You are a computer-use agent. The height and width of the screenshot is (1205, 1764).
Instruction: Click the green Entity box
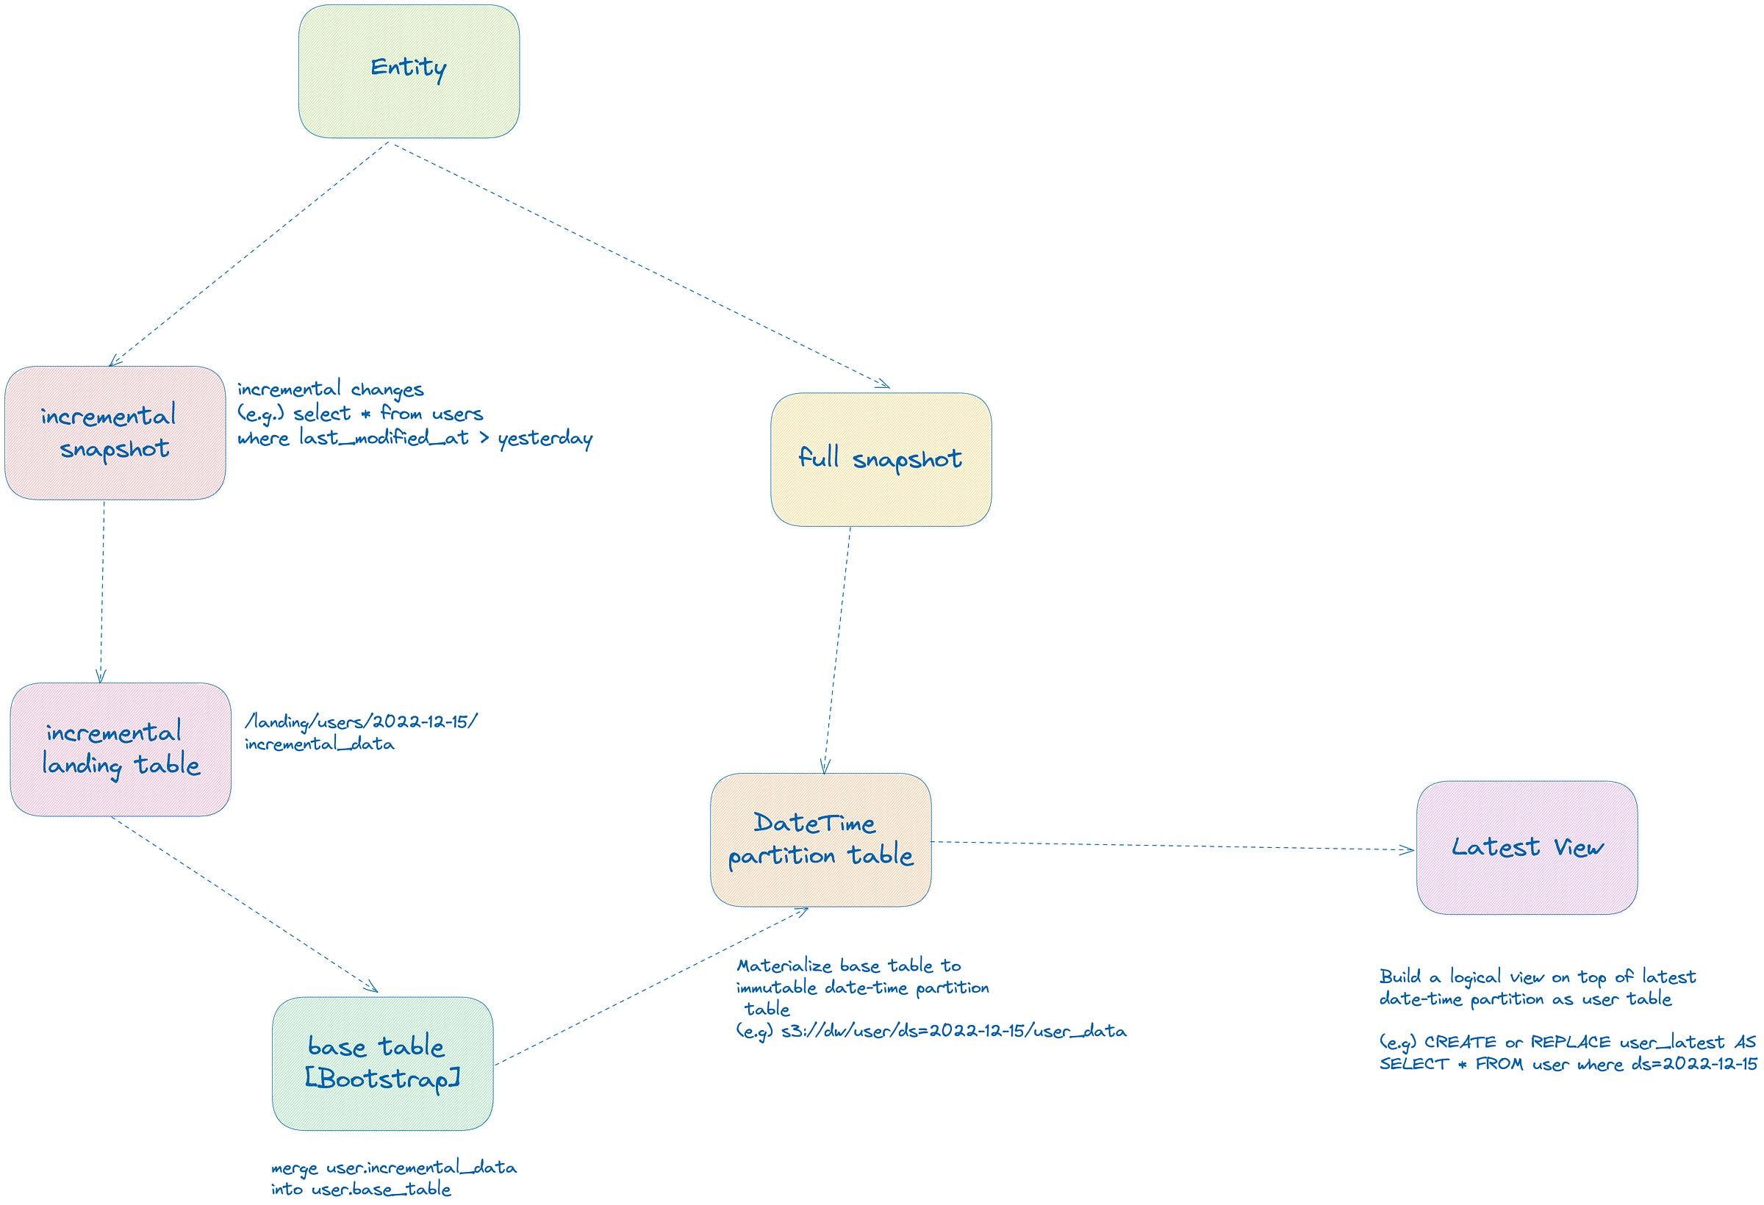click(409, 71)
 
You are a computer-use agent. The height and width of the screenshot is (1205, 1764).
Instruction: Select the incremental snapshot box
click(115, 433)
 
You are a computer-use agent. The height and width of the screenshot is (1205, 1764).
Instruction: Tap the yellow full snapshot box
click(881, 459)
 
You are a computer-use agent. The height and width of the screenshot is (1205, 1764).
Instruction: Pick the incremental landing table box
click(120, 749)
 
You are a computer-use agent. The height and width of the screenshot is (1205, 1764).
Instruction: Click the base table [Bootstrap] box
click(381, 1063)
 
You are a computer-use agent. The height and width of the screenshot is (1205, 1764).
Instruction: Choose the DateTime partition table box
click(820, 839)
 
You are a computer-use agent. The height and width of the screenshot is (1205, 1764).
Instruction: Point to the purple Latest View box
click(1526, 847)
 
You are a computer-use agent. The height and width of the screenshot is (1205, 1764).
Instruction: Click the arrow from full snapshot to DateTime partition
click(836, 650)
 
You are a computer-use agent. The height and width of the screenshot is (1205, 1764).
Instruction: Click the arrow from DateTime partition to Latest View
click(1173, 845)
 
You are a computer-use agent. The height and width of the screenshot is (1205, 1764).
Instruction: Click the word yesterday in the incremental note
click(545, 439)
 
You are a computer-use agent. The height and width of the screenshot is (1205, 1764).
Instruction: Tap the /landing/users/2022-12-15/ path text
click(362, 721)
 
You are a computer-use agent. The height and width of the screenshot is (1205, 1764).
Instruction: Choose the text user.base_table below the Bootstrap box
click(381, 1189)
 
